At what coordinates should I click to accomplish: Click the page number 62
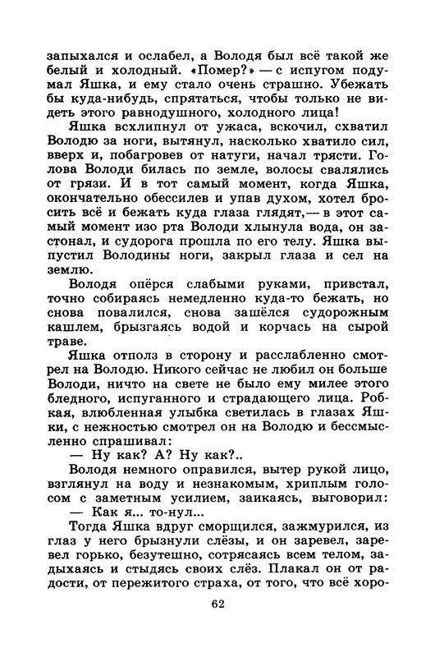coord(217,627)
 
